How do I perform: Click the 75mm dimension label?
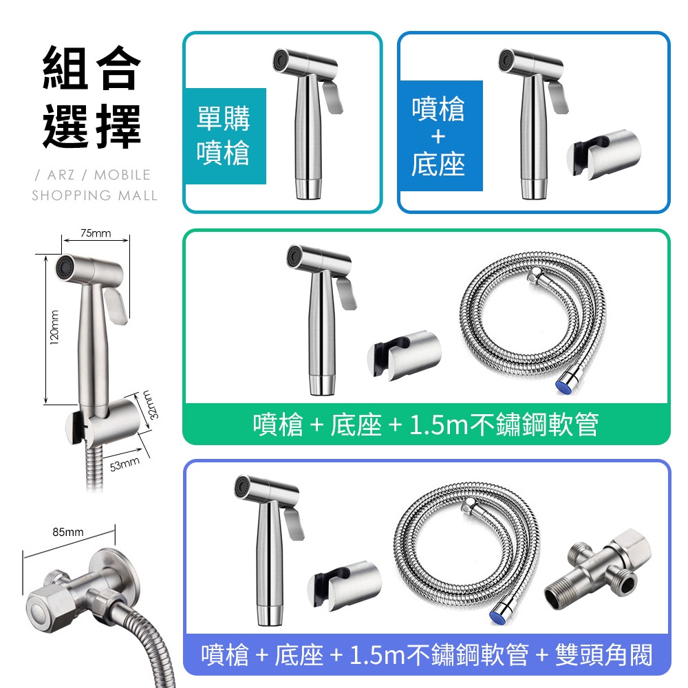pos(96,233)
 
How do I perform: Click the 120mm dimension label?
pos(54,327)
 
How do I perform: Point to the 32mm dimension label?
pos(151,405)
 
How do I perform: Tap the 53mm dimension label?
pos(125,463)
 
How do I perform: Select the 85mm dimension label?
pos(68,532)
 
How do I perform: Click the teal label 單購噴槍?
pos(224,136)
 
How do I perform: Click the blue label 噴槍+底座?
pos(438,136)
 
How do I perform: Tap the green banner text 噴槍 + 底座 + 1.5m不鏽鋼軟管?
pos(426,424)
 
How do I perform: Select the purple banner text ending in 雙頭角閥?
pos(427,655)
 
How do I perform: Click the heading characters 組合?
pos(92,68)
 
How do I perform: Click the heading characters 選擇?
pos(92,127)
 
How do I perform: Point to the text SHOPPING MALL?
pos(94,195)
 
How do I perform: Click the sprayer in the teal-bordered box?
pos(308,124)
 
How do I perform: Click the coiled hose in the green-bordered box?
pos(533,323)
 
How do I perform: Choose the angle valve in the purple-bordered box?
pos(598,569)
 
